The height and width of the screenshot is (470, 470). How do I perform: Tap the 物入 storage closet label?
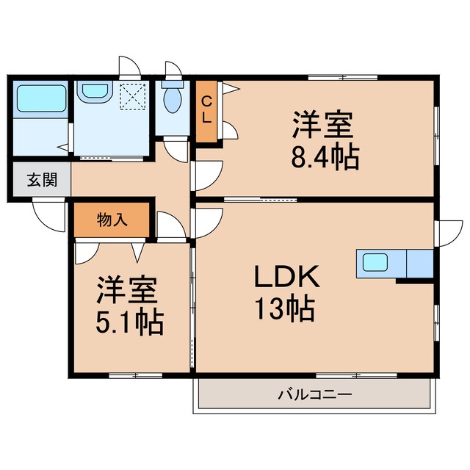point(112,219)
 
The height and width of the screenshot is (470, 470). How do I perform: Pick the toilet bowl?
point(173,99)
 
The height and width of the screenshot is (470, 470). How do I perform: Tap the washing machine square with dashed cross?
point(134,95)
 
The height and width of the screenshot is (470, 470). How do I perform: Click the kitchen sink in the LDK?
point(374,262)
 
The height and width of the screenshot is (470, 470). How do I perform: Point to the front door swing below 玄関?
point(46,214)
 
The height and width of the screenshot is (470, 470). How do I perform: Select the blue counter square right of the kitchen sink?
point(419,262)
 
